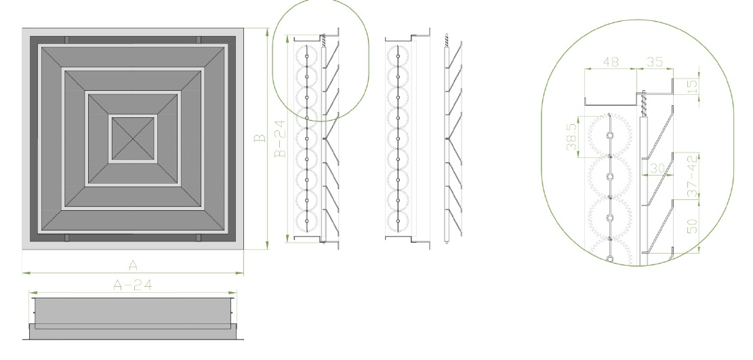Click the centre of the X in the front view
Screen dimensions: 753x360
tap(134, 139)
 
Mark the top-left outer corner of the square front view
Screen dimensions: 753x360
tap(22, 28)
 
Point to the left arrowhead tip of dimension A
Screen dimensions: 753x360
tap(22, 273)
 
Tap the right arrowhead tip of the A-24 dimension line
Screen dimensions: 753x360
tap(237, 292)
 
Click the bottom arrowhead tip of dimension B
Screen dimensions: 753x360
tap(268, 249)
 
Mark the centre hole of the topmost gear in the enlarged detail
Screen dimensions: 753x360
tap(610, 136)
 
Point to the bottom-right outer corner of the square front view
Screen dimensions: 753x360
tap(244, 249)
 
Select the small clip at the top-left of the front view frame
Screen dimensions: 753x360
tap(66, 40)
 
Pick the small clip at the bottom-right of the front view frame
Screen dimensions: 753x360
tap(199, 237)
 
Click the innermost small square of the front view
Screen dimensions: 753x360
tap(134, 139)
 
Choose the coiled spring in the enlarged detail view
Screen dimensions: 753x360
tap(644, 104)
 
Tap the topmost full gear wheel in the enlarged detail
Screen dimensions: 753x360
tap(610, 136)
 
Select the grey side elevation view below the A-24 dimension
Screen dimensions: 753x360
tap(133, 319)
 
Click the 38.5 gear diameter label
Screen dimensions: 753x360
tap(571, 136)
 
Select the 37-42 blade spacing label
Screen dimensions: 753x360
tap(692, 176)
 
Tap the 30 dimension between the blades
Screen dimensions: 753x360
tap(657, 168)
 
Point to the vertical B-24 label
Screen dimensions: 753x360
tap(280, 138)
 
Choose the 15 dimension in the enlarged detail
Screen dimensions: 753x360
tap(692, 87)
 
